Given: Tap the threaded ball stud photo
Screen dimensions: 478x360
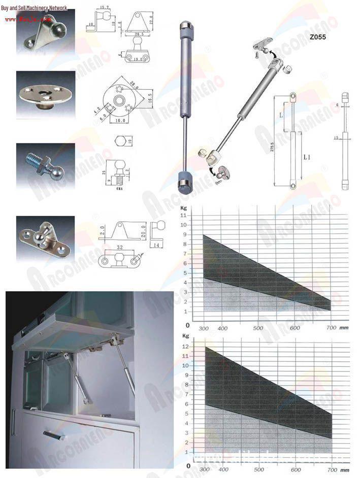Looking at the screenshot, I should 45,165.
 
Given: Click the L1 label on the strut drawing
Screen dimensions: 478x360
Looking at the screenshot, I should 307,158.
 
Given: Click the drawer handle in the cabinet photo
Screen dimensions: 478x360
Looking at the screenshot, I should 53,434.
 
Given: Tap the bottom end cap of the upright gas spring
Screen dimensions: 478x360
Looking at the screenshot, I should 185,182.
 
